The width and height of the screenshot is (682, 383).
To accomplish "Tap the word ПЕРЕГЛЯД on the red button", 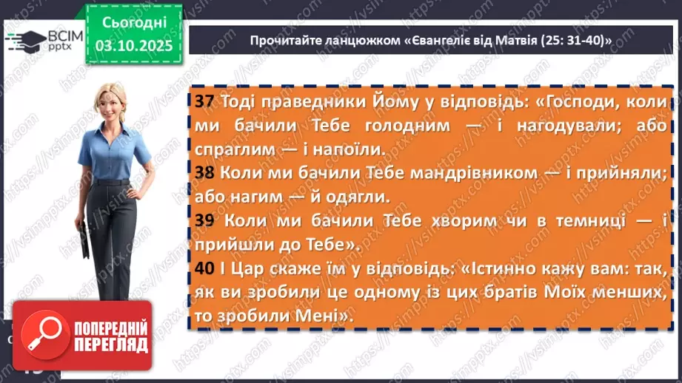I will coord(112,345).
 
